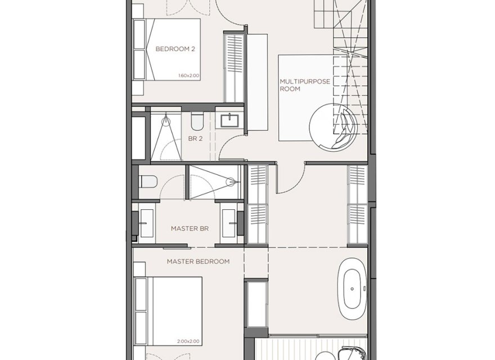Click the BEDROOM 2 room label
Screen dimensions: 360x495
tap(175, 49)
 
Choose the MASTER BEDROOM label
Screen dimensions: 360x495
tap(198, 262)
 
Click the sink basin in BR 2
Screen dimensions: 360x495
tap(229, 120)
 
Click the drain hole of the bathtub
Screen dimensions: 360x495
tap(352, 289)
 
